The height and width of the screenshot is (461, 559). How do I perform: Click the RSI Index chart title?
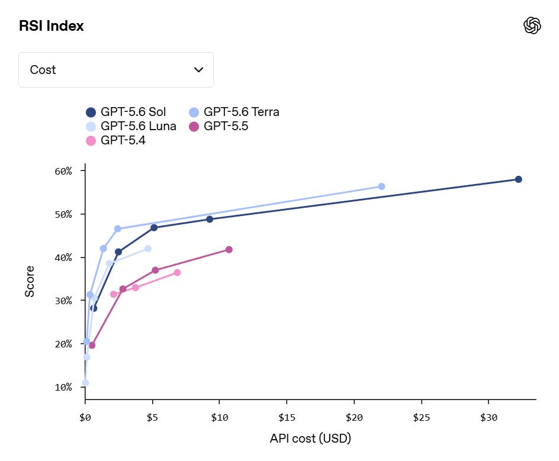click(52, 26)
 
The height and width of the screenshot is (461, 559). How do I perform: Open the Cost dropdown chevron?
click(198, 70)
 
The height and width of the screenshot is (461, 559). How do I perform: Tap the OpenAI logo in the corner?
click(532, 25)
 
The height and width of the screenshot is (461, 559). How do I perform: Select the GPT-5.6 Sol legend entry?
click(126, 112)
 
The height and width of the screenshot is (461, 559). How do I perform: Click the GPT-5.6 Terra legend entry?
click(234, 112)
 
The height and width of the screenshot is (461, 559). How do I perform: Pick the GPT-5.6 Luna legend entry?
click(131, 126)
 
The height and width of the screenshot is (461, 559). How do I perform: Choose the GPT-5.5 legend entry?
click(219, 126)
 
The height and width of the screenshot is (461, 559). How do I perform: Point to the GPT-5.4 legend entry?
click(115, 140)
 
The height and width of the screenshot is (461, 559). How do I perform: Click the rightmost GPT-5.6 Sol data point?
click(518, 179)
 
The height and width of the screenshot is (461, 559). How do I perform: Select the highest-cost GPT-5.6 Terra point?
click(381, 186)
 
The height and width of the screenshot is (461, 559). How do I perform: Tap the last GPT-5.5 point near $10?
click(229, 250)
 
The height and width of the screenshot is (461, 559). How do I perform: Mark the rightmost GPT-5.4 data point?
click(177, 273)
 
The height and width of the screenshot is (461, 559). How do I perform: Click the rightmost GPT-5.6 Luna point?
click(148, 249)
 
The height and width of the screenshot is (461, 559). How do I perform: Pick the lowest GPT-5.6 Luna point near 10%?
click(85, 383)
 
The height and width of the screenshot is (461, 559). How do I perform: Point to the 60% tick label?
click(63, 172)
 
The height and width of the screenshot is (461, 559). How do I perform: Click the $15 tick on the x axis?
click(287, 402)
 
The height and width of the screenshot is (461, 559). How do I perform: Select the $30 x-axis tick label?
click(489, 418)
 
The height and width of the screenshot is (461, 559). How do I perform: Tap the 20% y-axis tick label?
click(63, 344)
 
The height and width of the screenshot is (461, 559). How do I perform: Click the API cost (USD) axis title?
click(310, 438)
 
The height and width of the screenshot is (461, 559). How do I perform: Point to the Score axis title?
click(30, 282)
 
